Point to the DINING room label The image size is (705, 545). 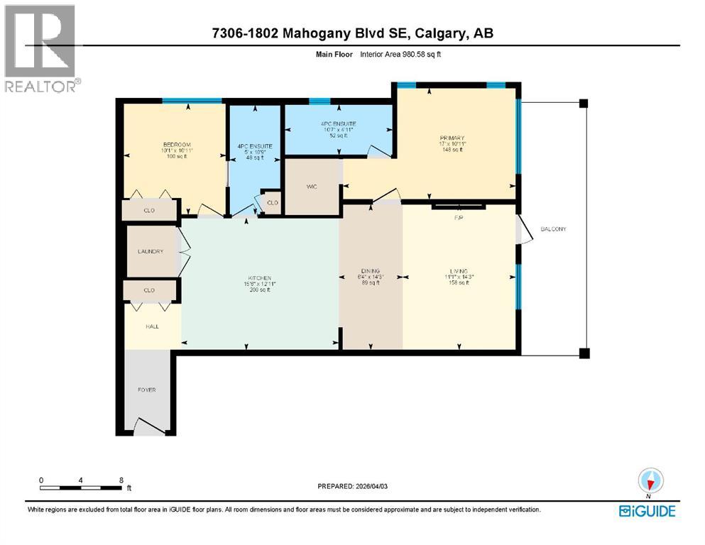click(x=370, y=271)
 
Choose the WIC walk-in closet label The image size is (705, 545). click(x=311, y=187)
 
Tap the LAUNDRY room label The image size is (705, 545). click(x=151, y=251)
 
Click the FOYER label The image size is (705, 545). click(x=147, y=390)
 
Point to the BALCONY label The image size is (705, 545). click(x=553, y=229)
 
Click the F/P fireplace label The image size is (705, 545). click(x=459, y=218)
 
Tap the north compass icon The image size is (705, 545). click(x=650, y=481)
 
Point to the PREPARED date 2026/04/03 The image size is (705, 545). click(x=363, y=486)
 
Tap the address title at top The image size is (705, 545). click(x=353, y=33)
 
